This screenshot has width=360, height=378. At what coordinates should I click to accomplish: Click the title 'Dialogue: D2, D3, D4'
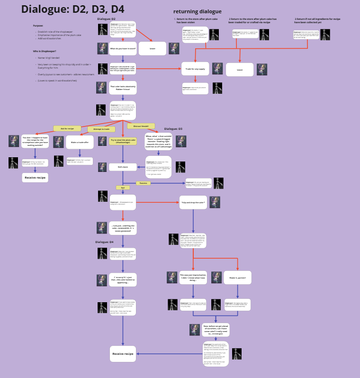coord(72,9)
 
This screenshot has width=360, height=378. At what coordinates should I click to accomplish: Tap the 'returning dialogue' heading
coord(197,11)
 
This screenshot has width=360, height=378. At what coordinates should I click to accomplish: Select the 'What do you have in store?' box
coord(123,48)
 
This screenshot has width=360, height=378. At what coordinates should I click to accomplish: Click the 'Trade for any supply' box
coord(195,69)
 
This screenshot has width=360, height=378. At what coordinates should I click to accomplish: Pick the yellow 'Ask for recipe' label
coord(67,128)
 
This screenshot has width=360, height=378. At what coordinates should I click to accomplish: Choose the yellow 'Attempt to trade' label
coord(101,129)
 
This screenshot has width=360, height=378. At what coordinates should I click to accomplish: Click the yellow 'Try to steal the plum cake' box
coord(123,141)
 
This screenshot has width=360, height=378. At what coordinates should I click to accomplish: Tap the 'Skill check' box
coord(123,167)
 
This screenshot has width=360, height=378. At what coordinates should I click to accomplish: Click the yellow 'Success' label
coord(144,182)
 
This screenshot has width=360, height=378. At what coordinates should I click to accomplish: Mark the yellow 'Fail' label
coord(122,188)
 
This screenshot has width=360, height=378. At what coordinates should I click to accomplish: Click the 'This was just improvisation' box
coord(193,278)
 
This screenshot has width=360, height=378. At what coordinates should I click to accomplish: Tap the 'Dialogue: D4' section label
coord(105,242)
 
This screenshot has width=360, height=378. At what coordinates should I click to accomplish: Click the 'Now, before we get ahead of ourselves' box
coord(216,329)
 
